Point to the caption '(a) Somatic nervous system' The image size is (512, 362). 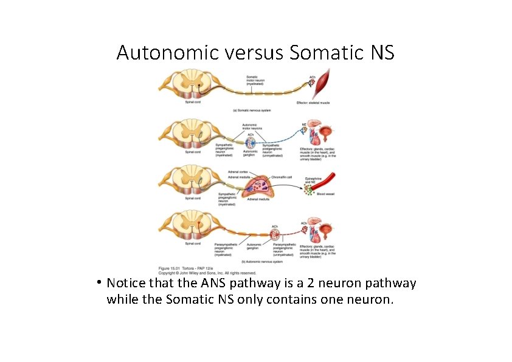(252, 111)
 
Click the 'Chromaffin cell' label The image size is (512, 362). (282, 177)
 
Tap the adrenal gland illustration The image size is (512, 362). (258, 187)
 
